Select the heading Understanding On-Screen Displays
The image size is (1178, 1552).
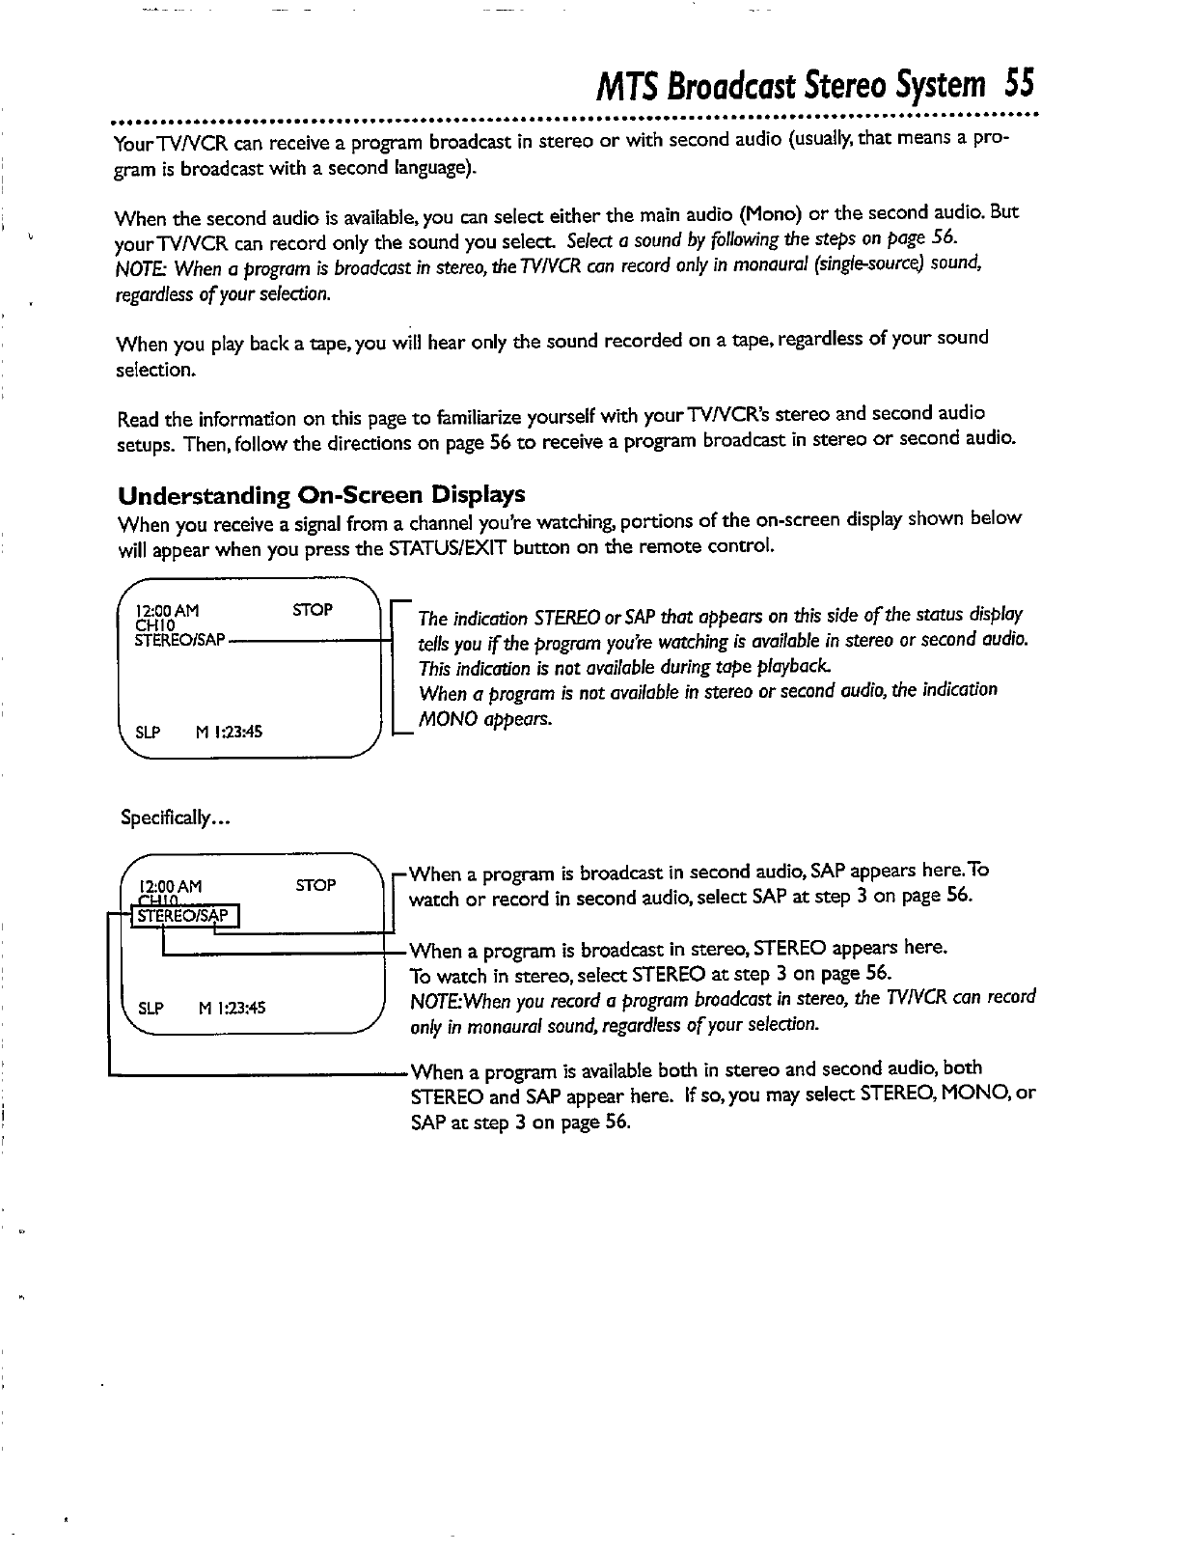[320, 495]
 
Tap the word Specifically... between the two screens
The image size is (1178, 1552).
[175, 818]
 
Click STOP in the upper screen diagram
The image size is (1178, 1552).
[313, 610]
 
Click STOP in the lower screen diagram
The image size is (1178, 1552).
[315, 885]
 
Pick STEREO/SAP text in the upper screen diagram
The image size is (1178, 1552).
[181, 640]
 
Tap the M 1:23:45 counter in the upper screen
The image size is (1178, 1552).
[230, 733]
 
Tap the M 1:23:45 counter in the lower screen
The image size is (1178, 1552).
[232, 1009]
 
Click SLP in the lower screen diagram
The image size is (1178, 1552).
[150, 1009]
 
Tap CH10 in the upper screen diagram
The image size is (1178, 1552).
[154, 625]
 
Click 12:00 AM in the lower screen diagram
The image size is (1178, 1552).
[171, 886]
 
